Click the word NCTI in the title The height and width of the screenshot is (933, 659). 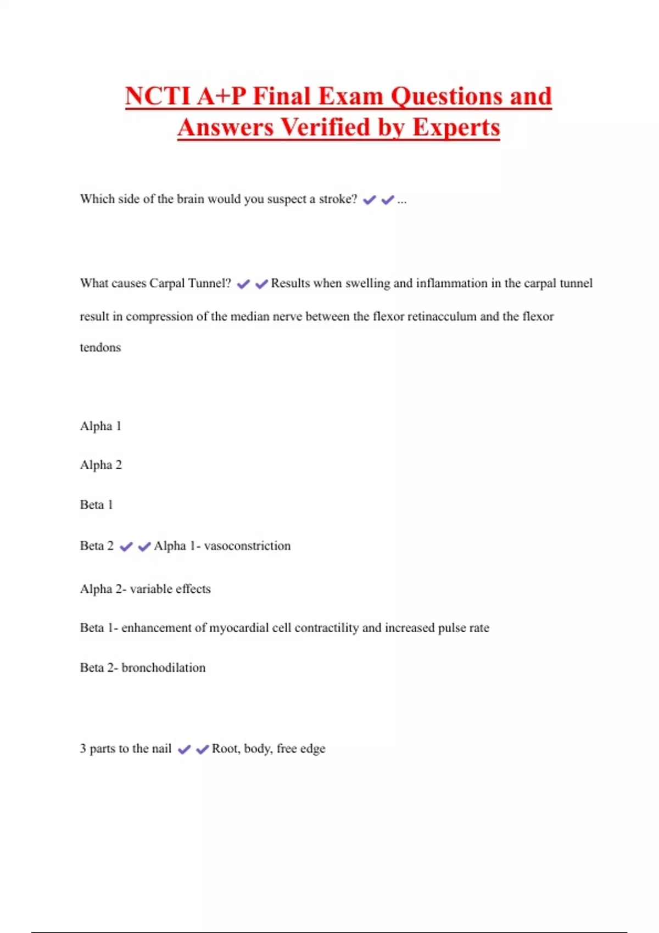pyautogui.click(x=158, y=97)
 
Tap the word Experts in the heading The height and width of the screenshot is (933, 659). pyautogui.click(x=456, y=127)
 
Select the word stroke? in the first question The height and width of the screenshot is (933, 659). pyautogui.click(x=338, y=199)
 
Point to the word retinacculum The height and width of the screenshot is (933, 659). pyautogui.click(x=442, y=316)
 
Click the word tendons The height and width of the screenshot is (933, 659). pyautogui.click(x=100, y=347)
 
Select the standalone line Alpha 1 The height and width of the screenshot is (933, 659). pyautogui.click(x=100, y=426)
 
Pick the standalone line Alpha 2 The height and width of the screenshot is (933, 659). pyautogui.click(x=100, y=465)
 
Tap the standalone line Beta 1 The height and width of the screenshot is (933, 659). pyautogui.click(x=96, y=504)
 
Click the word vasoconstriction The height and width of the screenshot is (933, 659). pyautogui.click(x=247, y=546)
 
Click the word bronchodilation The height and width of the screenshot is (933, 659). pyautogui.click(x=163, y=667)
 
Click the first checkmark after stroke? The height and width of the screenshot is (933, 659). pyautogui.click(x=370, y=200)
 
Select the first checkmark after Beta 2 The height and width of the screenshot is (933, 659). pyautogui.click(x=126, y=547)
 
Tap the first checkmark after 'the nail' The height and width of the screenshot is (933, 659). pyautogui.click(x=185, y=749)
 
